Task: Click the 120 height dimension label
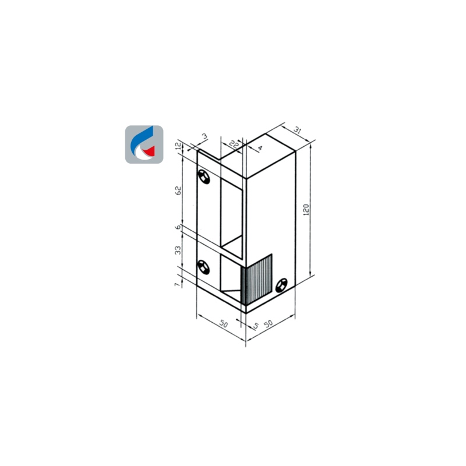tap(306, 210)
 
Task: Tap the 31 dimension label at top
tap(298, 130)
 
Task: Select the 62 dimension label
tap(178, 190)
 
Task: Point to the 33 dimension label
tap(178, 250)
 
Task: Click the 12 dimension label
tap(178, 146)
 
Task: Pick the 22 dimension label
tap(234, 144)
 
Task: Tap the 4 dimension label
tap(260, 148)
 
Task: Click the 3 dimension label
tap(204, 136)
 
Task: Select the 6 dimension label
tap(178, 227)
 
